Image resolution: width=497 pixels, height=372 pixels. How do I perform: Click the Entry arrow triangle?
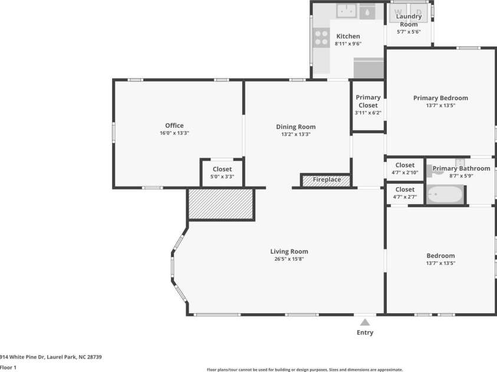tap(365, 322)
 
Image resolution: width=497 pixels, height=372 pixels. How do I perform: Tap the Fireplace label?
tap(327, 180)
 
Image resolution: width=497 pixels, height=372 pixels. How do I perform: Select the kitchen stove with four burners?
tap(321, 38)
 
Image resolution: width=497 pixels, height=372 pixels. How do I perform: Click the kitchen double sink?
tap(347, 11)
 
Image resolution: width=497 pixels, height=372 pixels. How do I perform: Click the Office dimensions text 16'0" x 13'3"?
tap(174, 134)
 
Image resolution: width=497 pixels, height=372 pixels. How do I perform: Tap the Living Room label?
tap(289, 251)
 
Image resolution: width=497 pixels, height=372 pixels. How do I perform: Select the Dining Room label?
tap(296, 127)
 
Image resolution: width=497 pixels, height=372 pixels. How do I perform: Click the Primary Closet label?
tap(368, 101)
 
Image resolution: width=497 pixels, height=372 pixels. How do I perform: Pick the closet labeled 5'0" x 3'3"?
tap(222, 172)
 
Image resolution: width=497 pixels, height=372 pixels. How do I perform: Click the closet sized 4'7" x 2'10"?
tap(405, 169)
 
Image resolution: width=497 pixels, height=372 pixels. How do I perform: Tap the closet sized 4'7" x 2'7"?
tap(405, 193)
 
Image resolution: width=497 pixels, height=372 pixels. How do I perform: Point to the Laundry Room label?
tap(409, 21)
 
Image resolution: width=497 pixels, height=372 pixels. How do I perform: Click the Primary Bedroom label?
tap(440, 98)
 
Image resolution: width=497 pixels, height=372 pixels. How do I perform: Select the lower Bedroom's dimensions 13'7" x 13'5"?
tap(440, 264)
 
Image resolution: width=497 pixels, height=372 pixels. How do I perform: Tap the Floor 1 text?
tap(8, 367)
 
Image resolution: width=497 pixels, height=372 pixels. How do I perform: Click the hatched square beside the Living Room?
tap(221, 204)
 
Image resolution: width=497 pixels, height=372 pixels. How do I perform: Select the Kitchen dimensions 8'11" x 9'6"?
tap(348, 44)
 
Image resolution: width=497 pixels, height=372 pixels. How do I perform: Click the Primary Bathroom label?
tap(461, 168)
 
